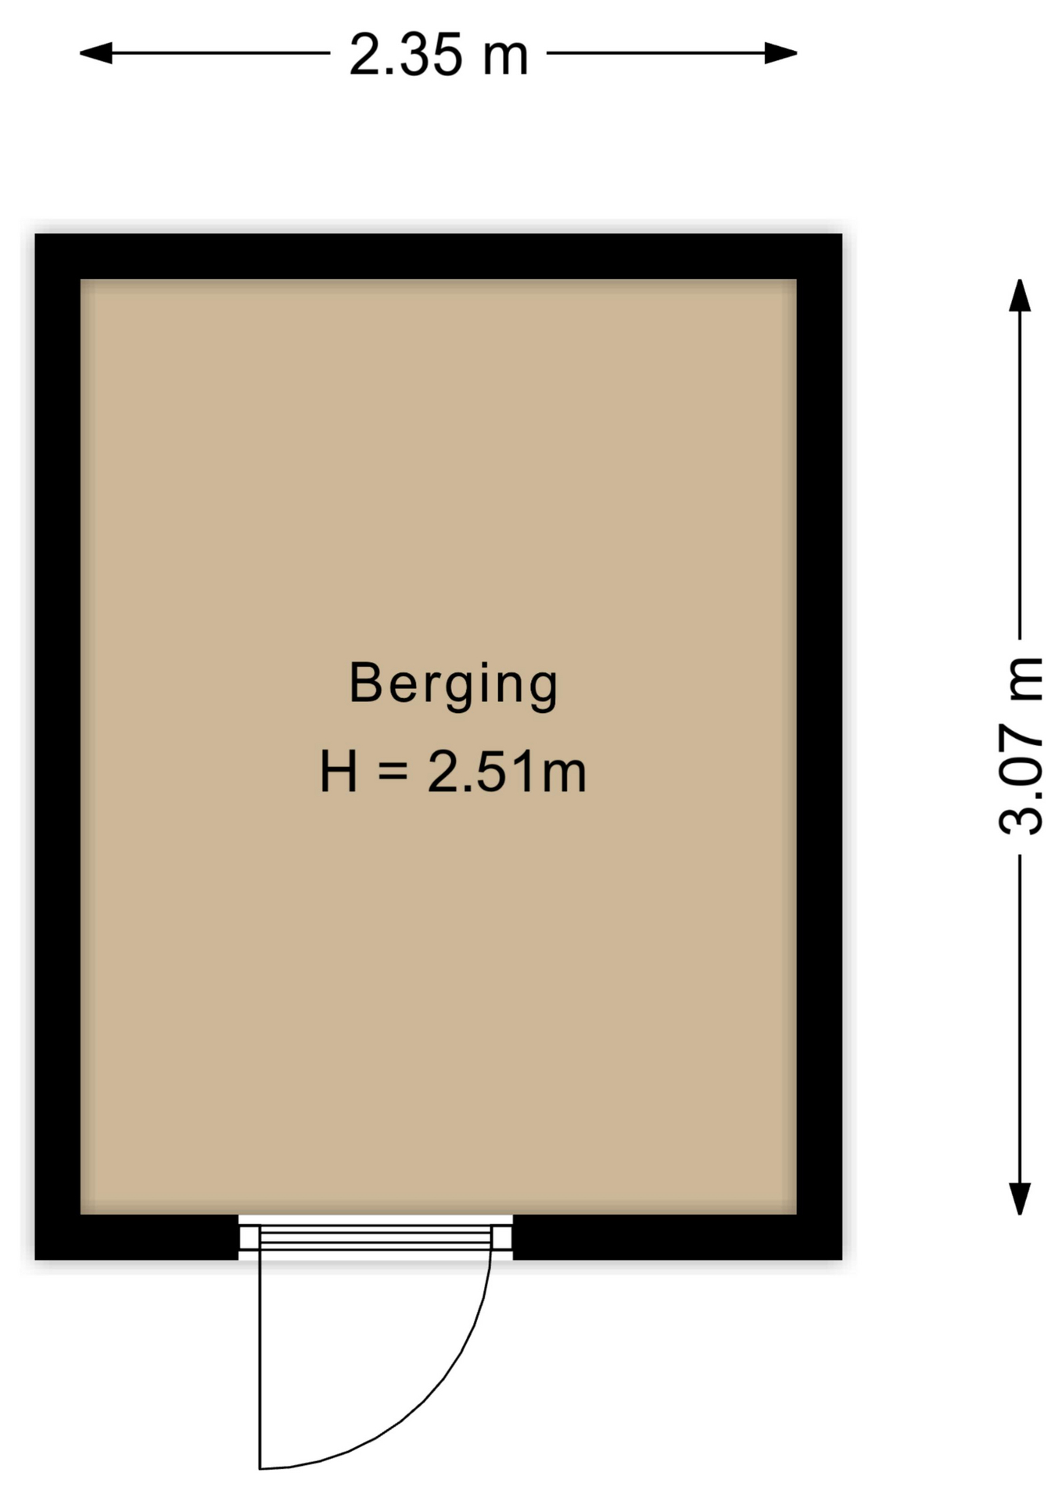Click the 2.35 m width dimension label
coord(439,55)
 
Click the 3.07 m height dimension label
coord(1021,747)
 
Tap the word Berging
coord(453,685)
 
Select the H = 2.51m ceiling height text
coord(453,772)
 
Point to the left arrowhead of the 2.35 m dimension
coord(95,53)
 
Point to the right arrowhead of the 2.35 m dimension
coord(781,53)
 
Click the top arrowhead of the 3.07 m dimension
coord(1020,296)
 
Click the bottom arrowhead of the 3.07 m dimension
coord(1020,1198)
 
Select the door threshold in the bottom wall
coord(375,1238)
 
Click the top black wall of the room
coord(439,256)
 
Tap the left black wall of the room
coord(58,747)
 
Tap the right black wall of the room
coord(820,747)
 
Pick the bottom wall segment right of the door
coord(677,1237)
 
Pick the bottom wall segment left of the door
coord(137,1237)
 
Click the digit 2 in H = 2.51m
coord(446,771)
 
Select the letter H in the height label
coord(338,771)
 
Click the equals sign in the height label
coord(393,771)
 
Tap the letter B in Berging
coord(364,682)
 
